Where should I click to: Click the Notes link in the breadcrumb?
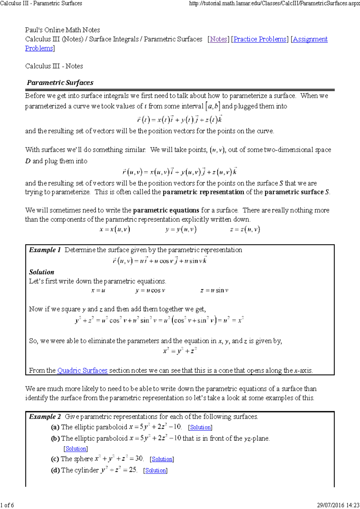pyautogui.click(x=218, y=39)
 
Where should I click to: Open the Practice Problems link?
pyautogui.click(x=260, y=39)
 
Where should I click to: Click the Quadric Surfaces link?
pyautogui.click(x=82, y=371)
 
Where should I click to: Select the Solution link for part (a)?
pyautogui.click(x=200, y=427)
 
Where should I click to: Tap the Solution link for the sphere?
pyautogui.click(x=162, y=459)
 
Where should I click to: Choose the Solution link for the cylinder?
pyautogui.click(x=155, y=471)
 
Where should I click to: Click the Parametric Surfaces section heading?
pyautogui.click(x=60, y=83)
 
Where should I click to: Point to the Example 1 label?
pyautogui.click(x=45, y=250)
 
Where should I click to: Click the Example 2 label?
pyautogui.click(x=45, y=417)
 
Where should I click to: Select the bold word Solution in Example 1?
pyautogui.click(x=42, y=272)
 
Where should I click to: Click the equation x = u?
pyautogui.click(x=98, y=291)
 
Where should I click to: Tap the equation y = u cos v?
pyautogui.click(x=150, y=291)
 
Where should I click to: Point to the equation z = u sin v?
pyautogui.click(x=214, y=291)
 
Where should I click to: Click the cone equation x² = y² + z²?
pyautogui.click(x=180, y=351)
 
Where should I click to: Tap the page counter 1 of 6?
pyautogui.click(x=7, y=505)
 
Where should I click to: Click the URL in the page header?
pyautogui.click(x=274, y=4)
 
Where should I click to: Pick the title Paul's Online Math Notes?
pyautogui.click(x=62, y=30)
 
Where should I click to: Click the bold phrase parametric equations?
pyautogui.click(x=166, y=210)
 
